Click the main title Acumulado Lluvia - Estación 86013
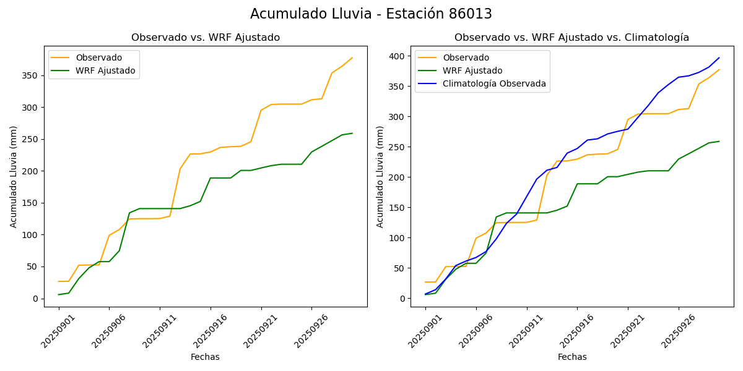tap(371, 14)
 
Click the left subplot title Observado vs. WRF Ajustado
tap(206, 38)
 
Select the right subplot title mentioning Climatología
tap(571, 38)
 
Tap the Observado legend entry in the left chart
tap(98, 58)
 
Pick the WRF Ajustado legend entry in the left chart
tap(105, 70)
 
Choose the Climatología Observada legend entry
tap(494, 84)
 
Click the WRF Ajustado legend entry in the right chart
tap(472, 70)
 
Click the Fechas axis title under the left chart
tap(205, 357)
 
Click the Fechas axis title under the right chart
tap(572, 357)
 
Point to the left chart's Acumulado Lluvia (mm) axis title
tap(14, 176)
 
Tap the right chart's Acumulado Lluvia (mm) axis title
tap(380, 176)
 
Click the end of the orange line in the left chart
tap(352, 58)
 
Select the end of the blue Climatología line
tap(719, 58)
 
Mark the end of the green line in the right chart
tap(719, 142)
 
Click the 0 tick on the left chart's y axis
tap(36, 299)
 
